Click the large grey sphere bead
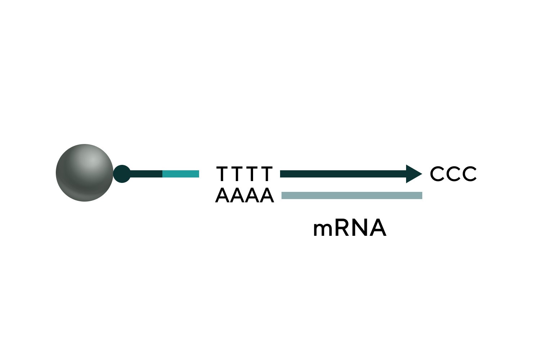point(85,173)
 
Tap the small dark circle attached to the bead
point(122,174)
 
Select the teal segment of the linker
point(181,174)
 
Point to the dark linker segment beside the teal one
point(146,174)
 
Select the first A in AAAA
point(222,196)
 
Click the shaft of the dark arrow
point(342,174)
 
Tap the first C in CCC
point(438,174)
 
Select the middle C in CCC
point(454,174)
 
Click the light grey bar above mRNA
point(351,195)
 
